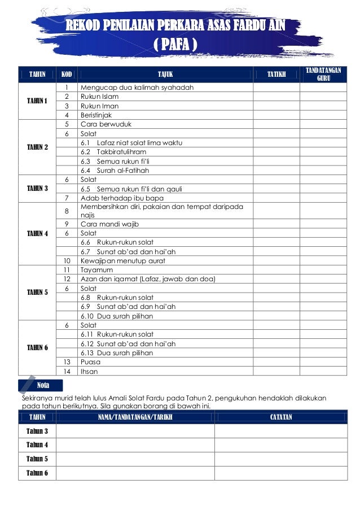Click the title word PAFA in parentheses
175,43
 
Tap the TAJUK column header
164,74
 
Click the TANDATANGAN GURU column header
323,74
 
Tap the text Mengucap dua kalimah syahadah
137,88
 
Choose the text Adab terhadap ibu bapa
122,198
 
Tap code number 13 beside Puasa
67,362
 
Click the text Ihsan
90,371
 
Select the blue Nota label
42,385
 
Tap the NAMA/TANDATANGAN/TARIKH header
135,417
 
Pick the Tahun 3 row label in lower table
37,431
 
